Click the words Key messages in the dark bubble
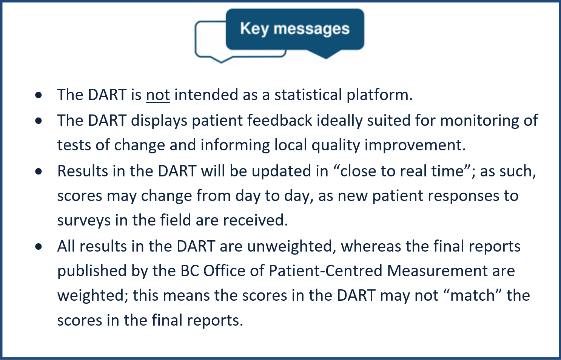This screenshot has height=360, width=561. (295, 29)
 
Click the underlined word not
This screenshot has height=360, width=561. (158, 95)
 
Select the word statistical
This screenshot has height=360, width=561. (308, 95)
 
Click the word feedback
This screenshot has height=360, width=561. (279, 120)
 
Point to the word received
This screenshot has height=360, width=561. (255, 220)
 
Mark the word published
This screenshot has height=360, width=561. (92, 271)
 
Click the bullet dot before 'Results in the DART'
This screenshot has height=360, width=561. (39, 172)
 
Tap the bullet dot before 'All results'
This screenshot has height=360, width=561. (39, 247)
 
